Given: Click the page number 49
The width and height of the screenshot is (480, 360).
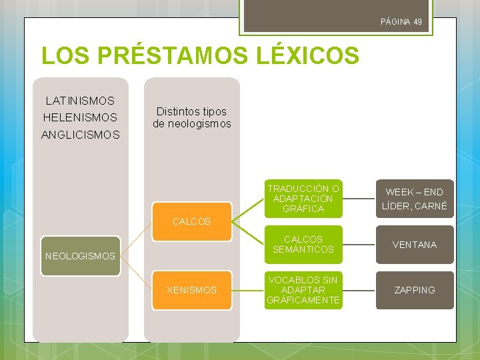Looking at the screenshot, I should [x=417, y=22].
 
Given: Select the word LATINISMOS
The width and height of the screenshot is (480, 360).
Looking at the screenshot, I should [x=80, y=101].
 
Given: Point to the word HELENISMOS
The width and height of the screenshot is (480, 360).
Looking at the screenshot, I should [x=79, y=117].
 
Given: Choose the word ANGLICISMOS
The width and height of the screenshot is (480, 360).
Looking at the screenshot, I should [x=80, y=135].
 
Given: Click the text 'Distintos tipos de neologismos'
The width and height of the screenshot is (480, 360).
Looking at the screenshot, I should [x=192, y=117].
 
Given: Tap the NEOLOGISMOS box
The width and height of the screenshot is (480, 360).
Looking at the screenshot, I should [x=80, y=255].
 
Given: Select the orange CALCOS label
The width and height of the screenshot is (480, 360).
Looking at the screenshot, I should [x=191, y=221].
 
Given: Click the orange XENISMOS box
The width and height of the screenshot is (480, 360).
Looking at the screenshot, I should [x=191, y=290].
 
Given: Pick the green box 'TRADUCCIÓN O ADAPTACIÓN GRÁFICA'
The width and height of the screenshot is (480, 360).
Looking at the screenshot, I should [x=303, y=199].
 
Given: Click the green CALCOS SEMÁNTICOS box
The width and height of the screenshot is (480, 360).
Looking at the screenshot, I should [x=303, y=244].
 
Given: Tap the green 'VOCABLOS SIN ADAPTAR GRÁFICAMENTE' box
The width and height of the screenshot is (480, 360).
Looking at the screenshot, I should [x=303, y=290].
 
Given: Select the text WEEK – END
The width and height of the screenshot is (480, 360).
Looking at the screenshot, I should [x=414, y=192].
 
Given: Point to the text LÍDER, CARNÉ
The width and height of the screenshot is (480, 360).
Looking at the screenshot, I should [x=414, y=207].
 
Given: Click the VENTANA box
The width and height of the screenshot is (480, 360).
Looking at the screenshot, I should [x=414, y=245].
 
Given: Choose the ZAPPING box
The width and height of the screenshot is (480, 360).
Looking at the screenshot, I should [x=414, y=290].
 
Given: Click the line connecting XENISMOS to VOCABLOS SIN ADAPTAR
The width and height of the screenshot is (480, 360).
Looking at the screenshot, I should [x=247, y=290].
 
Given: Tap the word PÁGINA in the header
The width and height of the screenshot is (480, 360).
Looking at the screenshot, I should [x=395, y=22].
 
